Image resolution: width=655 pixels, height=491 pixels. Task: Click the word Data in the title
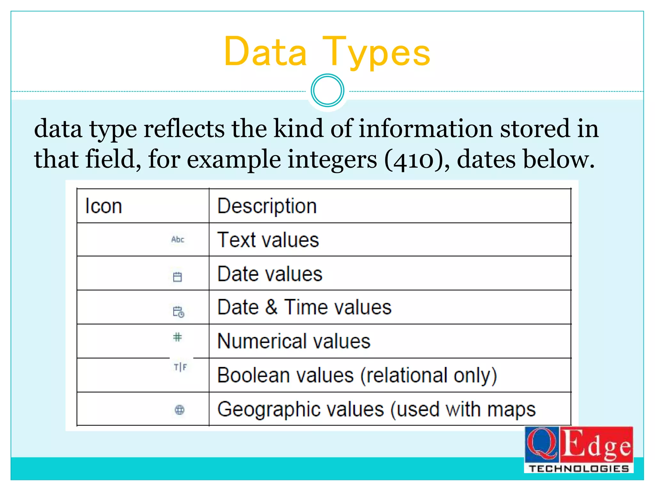click(x=265, y=52)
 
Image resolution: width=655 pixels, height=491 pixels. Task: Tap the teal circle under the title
click(x=327, y=90)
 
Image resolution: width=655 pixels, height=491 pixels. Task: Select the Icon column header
click(x=104, y=206)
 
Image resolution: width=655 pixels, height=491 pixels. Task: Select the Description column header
click(x=267, y=206)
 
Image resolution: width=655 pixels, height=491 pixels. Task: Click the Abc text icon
click(x=178, y=239)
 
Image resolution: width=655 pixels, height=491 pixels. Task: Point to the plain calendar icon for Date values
click(x=177, y=277)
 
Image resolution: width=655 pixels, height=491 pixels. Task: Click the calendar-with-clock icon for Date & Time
click(x=178, y=312)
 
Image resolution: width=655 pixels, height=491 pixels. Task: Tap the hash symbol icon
click(x=177, y=337)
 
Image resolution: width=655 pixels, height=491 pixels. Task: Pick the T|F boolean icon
click(x=180, y=367)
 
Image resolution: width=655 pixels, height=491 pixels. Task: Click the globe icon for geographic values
click(x=179, y=409)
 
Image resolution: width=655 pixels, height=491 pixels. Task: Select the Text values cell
click(x=268, y=240)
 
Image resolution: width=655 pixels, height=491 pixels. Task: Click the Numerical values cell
click(x=294, y=341)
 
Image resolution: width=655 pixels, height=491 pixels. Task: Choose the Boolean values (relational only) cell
click(x=357, y=375)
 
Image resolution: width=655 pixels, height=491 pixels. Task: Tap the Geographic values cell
click(x=376, y=409)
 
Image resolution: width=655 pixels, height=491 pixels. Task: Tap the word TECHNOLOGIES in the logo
click(x=579, y=469)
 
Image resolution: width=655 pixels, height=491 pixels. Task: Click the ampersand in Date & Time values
click(x=271, y=307)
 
